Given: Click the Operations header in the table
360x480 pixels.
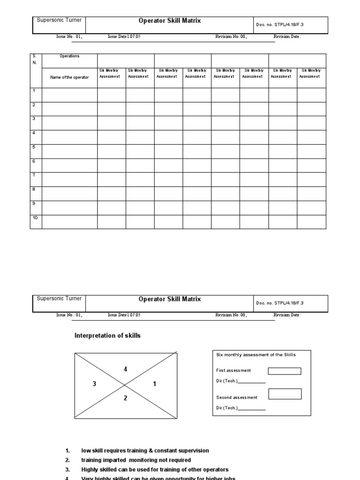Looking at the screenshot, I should tap(69, 56).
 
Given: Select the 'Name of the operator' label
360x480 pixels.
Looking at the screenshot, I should tap(69, 77).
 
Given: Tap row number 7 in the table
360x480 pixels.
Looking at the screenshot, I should tap(34, 175).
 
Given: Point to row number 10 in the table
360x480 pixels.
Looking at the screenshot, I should tap(35, 218).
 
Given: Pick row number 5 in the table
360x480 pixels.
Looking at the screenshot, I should tap(34, 147).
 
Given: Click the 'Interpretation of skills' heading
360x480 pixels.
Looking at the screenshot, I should tap(107, 336).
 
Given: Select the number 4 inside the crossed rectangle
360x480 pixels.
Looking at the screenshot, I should tap(125, 369).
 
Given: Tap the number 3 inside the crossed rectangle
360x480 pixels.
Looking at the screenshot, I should tap(94, 384).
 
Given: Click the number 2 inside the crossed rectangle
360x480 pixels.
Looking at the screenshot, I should tap(125, 399).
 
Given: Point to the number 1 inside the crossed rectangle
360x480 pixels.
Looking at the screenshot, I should tap(154, 384).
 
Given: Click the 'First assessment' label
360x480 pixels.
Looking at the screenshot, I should tap(233, 370).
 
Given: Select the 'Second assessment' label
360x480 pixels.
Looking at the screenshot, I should tap(237, 397).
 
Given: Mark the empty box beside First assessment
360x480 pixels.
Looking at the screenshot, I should tap(285, 371).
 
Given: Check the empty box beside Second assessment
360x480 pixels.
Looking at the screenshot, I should tap(285, 394).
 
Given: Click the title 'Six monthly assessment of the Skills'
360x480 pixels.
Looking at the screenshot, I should tap(256, 355).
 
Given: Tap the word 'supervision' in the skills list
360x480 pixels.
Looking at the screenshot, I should tap(194, 450).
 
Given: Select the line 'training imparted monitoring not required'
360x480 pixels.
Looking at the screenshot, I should tap(136, 460).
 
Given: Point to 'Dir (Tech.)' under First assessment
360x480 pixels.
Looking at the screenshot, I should tap(227, 381).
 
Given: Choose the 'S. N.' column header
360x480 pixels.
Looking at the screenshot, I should tap(35, 59).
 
